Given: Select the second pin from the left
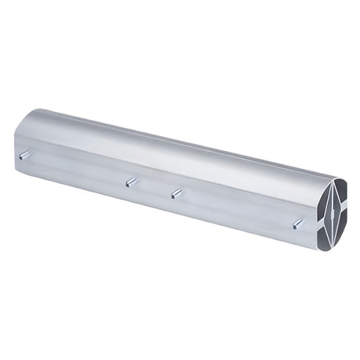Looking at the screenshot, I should pos(131,182).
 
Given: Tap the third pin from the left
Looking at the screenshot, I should pos(176,193).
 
